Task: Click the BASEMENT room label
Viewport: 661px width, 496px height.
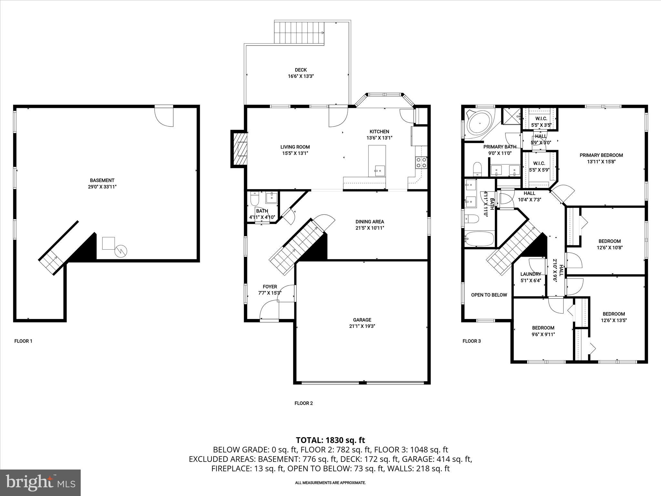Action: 102,180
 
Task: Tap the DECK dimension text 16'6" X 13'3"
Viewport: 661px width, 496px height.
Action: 301,77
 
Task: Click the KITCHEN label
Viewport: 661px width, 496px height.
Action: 379,131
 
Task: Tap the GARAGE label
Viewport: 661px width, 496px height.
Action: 362,320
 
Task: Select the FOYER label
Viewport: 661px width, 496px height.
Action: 270,286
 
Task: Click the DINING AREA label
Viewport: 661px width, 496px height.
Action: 370,222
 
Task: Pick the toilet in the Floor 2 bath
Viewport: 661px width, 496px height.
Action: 255,199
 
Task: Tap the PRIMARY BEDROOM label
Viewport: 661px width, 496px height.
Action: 601,155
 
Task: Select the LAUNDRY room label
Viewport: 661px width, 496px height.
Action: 530,274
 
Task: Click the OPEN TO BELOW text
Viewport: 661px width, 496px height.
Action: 489,295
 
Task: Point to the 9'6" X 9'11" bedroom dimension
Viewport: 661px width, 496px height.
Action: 543,335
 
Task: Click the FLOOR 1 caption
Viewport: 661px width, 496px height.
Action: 23,341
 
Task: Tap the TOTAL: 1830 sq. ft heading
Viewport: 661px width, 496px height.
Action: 330,440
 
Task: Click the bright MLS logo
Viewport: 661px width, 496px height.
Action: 40,482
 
